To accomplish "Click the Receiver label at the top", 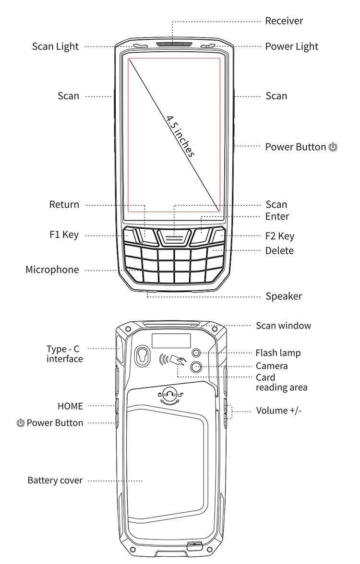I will (x=284, y=21).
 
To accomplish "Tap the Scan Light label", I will (x=55, y=47).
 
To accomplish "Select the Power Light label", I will (x=291, y=47).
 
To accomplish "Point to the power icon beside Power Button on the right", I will (x=333, y=147).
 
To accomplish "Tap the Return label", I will (x=64, y=205).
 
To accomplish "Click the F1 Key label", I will (x=64, y=235).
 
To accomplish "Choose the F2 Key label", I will (x=280, y=236).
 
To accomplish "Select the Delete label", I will (x=279, y=250).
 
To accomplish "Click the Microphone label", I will (x=52, y=270).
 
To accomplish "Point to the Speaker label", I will (x=284, y=296).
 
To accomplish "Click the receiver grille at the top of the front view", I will (x=174, y=45).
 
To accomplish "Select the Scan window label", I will (x=283, y=326).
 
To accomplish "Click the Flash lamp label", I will (x=278, y=353).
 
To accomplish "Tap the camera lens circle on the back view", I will (x=196, y=367).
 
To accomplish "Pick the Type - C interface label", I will (x=65, y=354).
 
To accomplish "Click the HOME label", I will (x=70, y=406).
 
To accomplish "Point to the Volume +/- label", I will (x=278, y=411).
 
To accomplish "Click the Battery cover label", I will (x=55, y=481).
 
